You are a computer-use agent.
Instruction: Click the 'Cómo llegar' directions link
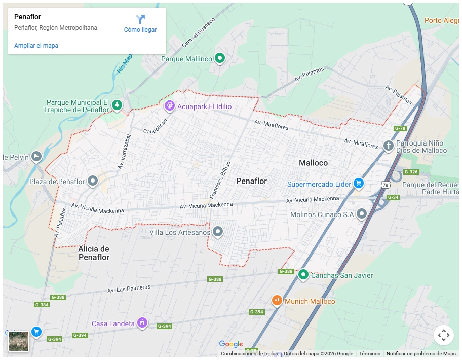coord(140,24)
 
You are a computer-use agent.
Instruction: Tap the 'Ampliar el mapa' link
coord(36,46)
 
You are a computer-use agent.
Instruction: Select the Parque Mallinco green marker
coord(220,58)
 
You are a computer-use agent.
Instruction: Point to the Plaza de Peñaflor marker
coord(93,180)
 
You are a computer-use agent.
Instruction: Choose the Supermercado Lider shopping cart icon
coord(359,183)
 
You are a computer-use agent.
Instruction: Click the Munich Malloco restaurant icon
coord(277,300)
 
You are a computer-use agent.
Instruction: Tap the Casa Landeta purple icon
coord(143,322)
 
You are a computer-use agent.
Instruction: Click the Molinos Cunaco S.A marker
coord(362,213)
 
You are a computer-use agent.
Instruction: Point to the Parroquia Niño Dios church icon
coord(389,146)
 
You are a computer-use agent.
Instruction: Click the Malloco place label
coord(313,163)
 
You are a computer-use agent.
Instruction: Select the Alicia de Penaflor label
coord(94,253)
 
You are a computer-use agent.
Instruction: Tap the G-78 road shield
coord(400,128)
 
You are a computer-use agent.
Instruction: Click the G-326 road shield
coord(411,172)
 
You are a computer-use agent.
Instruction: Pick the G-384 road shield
coord(42,305)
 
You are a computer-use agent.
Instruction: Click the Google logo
coord(231,344)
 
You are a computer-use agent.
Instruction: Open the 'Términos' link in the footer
coord(369,354)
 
